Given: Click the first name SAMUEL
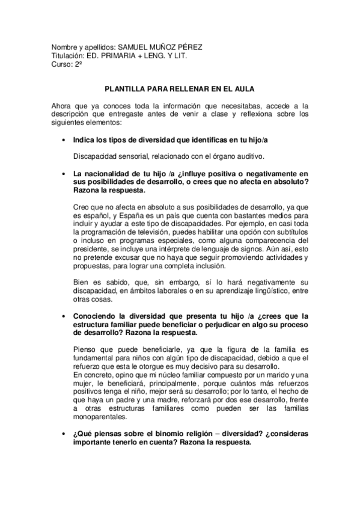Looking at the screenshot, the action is (133, 47).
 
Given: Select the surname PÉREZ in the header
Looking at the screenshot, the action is (188, 47).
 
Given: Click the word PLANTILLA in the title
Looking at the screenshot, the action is (126, 87).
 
